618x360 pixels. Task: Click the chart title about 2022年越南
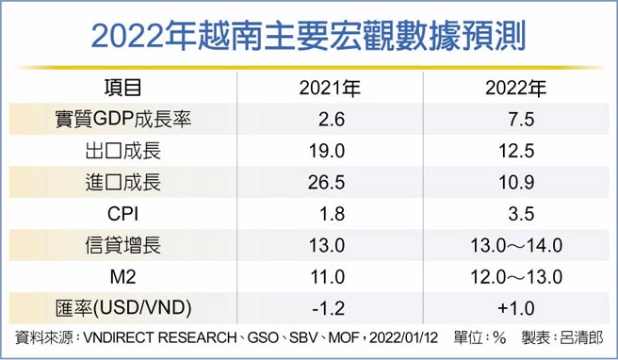click(309, 37)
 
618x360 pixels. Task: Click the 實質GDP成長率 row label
click(123, 121)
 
